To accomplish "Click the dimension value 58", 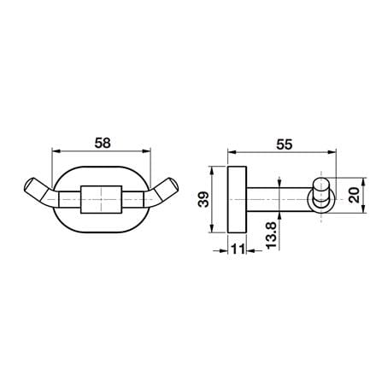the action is (x=103, y=143).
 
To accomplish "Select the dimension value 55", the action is (x=284, y=144).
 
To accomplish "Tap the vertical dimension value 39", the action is (x=203, y=199).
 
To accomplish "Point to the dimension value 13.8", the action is (x=271, y=235).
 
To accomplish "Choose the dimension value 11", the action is (x=238, y=250).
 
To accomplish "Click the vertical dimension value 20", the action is (x=355, y=196).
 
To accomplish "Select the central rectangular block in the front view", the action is (x=102, y=199).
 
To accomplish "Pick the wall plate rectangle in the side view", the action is (x=237, y=199).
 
